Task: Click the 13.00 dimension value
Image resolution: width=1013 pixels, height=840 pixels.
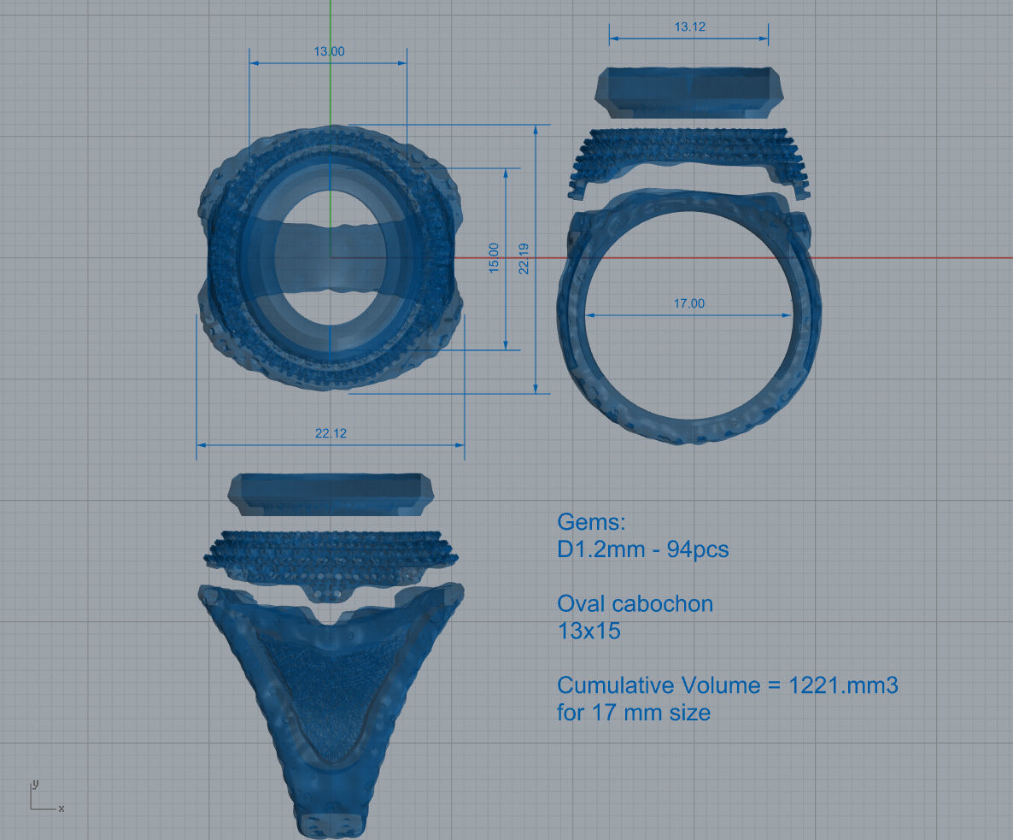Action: (x=329, y=51)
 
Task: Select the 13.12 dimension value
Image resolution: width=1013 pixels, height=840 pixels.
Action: (x=689, y=26)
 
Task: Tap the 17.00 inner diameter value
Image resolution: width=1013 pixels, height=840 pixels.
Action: (x=688, y=303)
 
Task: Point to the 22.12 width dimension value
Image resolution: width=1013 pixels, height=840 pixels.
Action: (x=331, y=433)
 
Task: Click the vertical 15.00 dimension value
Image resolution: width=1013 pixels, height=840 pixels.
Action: (x=494, y=257)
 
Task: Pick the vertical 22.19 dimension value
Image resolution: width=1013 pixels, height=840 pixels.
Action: (x=524, y=258)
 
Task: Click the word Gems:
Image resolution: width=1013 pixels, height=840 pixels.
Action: (x=591, y=521)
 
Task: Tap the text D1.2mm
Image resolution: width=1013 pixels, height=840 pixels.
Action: (x=600, y=549)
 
